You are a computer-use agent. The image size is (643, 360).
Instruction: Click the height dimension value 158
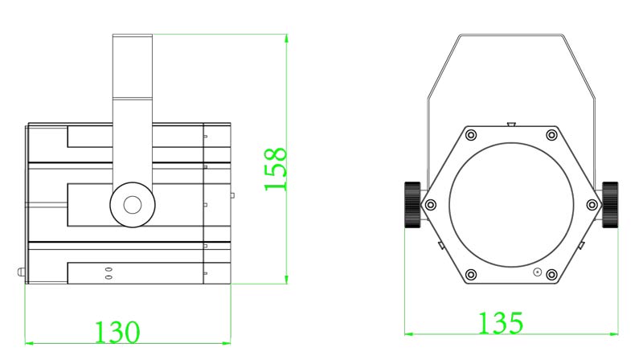tap(276, 169)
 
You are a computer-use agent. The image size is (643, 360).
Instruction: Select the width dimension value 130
tap(118, 332)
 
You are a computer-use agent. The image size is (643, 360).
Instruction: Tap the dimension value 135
tap(501, 322)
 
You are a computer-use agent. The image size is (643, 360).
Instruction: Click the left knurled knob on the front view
tap(412, 204)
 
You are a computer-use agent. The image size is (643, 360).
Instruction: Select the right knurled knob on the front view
tap(611, 204)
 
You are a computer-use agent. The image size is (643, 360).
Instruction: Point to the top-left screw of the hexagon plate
tap(471, 134)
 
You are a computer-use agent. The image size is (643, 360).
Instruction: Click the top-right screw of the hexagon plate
tap(551, 134)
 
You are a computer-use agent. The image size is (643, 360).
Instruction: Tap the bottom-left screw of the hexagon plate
tap(471, 274)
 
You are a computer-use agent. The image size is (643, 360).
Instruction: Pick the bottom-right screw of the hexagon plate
tap(551, 274)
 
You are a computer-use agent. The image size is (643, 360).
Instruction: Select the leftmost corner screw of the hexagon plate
tap(431, 204)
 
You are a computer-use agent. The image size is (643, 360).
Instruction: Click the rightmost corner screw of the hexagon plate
tap(592, 204)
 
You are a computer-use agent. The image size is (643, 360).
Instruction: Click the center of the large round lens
tap(511, 204)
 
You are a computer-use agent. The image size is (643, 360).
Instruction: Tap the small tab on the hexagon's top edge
tap(511, 124)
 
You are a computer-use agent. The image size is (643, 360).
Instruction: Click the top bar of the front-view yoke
tap(511, 35)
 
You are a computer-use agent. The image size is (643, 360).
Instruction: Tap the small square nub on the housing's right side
tap(232, 194)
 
